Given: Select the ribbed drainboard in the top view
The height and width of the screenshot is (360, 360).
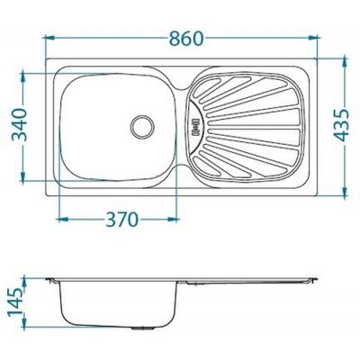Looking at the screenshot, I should point(247,125).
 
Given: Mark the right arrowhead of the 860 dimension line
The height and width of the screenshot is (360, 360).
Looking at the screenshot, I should point(318,38).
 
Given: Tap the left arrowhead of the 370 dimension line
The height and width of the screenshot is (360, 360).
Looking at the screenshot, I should point(59,219).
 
